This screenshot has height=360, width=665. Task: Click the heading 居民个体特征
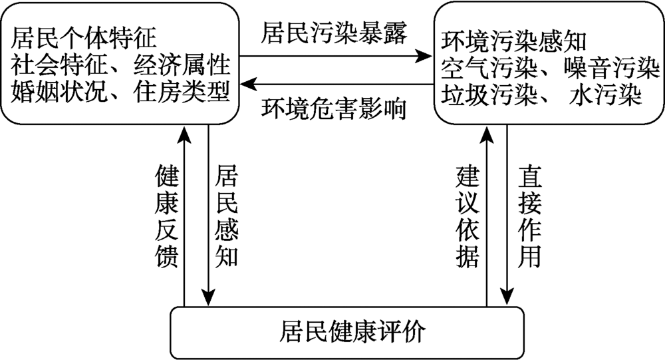click(84, 38)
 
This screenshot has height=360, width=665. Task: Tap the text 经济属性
click(182, 65)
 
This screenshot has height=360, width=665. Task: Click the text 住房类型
click(182, 91)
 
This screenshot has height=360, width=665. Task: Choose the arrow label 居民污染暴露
click(334, 33)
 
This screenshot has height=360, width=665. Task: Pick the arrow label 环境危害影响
click(334, 109)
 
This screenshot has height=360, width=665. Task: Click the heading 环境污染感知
click(513, 41)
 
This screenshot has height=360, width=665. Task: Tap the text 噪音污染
click(612, 69)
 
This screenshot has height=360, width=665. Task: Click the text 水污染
click(605, 95)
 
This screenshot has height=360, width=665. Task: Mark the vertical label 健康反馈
click(167, 216)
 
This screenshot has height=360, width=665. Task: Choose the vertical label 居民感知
click(227, 216)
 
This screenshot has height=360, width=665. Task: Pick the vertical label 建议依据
click(467, 216)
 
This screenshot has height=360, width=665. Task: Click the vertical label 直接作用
click(530, 216)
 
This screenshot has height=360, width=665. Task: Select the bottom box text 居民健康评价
click(352, 331)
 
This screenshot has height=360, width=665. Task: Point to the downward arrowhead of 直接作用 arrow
click(507, 297)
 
